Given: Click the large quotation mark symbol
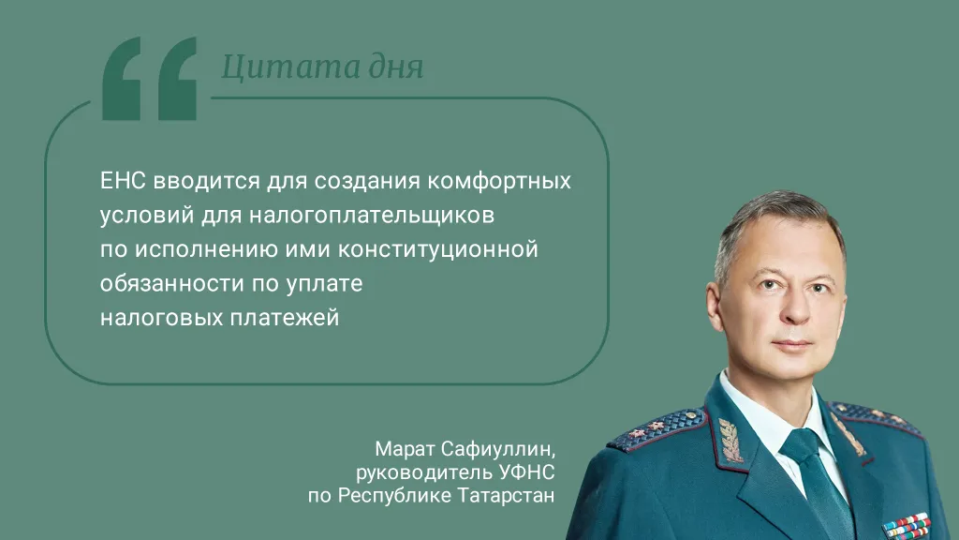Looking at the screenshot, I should (149, 79).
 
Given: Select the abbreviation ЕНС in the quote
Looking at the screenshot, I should (120, 179).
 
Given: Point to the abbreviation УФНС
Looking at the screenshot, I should (529, 471).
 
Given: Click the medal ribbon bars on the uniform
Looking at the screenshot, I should (906, 526).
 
